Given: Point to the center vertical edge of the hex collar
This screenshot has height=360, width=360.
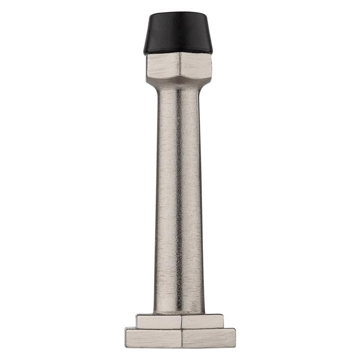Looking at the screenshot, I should (179, 67).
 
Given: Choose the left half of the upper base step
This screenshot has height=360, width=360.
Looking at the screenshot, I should (159, 321).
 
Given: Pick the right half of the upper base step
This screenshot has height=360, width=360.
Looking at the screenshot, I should (202, 321).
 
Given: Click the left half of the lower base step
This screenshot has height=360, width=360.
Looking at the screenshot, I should (153, 338).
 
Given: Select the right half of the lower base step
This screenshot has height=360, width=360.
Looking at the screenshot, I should (208, 338).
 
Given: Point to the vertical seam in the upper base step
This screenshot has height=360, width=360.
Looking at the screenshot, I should (181, 321).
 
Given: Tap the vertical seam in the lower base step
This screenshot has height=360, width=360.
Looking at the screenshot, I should (181, 338).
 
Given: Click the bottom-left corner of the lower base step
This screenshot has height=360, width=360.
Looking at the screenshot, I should (126, 347).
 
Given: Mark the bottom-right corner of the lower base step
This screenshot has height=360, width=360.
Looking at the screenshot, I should (235, 347).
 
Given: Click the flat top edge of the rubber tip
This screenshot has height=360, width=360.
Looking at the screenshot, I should (178, 13).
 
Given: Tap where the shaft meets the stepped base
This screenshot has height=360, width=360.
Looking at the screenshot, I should (179, 313).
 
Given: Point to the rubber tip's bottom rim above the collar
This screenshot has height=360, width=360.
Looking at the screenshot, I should (178, 53).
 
